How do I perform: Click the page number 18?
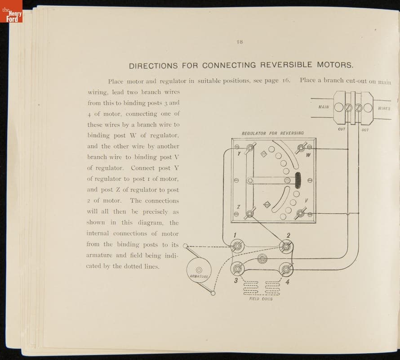coord(240,42)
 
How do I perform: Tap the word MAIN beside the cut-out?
coord(324,107)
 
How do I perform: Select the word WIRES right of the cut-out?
coord(384,108)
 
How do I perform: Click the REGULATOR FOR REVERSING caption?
coord(273,133)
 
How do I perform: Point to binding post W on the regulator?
coord(302,147)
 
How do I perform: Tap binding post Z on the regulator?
coord(248,214)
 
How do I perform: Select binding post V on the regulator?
coord(299,214)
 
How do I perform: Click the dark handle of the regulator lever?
coord(297,180)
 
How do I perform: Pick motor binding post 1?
coord(237,246)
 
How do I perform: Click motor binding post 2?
coord(285,246)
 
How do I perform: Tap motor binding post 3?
coord(237,269)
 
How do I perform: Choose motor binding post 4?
coord(285,269)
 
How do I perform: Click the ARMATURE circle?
coord(199,270)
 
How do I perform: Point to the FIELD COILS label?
coord(261,299)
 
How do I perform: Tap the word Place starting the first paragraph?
coord(116,81)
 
